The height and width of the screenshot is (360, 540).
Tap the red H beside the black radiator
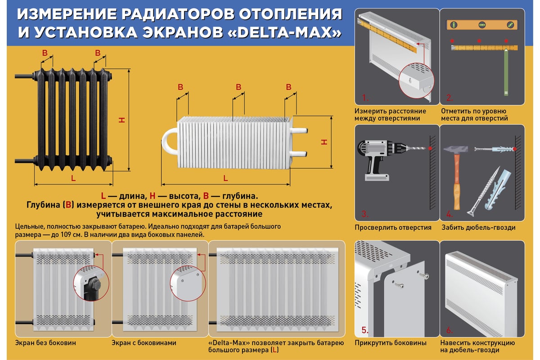[x=121, y=120]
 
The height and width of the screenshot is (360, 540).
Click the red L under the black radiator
[x=73, y=178]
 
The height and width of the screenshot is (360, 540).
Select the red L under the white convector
[x=225, y=178]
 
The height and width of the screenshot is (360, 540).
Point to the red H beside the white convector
[x=324, y=142]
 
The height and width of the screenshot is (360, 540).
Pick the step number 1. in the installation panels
[x=365, y=97]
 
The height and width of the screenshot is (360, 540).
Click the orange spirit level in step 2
[x=481, y=25]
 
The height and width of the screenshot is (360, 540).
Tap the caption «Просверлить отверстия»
[x=393, y=228]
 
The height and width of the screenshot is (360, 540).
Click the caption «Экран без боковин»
[x=45, y=343]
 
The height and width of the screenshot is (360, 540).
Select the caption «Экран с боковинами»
[x=144, y=343]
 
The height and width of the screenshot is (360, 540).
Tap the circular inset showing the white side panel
[x=188, y=283]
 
